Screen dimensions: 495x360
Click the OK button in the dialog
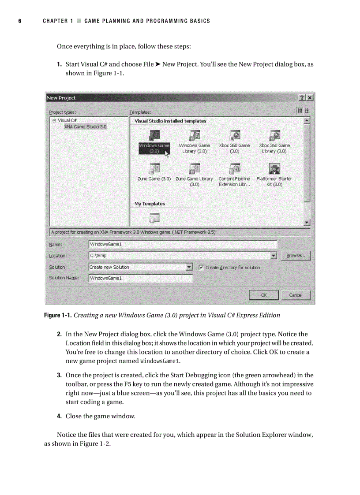[263, 295]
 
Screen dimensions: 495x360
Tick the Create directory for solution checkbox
[201, 267]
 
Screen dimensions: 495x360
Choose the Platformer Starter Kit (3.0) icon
[274, 169]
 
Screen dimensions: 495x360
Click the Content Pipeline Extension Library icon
[234, 169]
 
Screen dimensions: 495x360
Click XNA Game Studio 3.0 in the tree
[85, 127]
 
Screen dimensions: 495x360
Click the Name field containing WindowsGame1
[183, 244]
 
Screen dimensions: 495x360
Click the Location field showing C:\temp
[179, 256]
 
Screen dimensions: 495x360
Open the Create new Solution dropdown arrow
[189, 267]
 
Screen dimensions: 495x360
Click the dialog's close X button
[310, 98]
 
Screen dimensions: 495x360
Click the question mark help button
[302, 98]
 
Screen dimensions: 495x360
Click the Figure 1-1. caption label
[58, 315]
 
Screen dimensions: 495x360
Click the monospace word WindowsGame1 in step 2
[160, 361]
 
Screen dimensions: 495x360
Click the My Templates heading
[150, 204]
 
